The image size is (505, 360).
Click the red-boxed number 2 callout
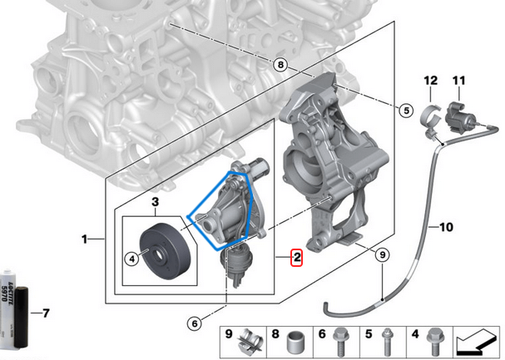[x=297, y=257]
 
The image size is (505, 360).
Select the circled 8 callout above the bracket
[x=280, y=65]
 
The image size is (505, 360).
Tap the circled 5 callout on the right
[x=406, y=109]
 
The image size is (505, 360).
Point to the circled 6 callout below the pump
[x=195, y=323]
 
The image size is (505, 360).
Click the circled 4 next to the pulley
[x=131, y=259]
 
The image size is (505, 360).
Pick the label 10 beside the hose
[x=446, y=226]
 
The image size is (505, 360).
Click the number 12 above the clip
[x=429, y=81]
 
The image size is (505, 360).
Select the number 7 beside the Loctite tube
[x=46, y=313]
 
